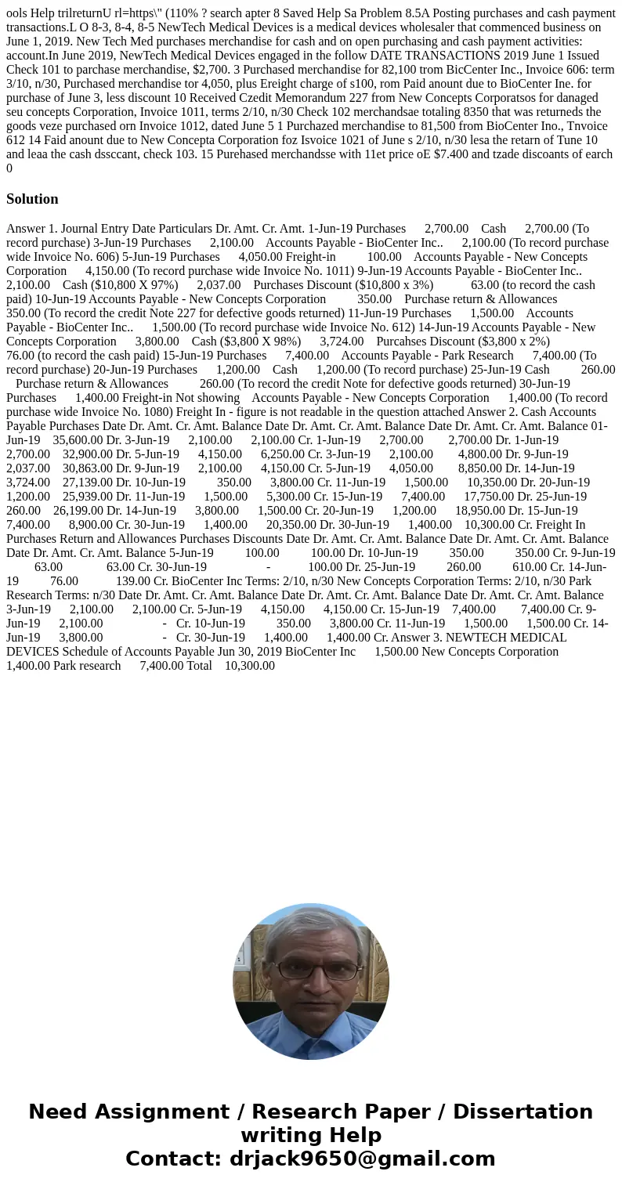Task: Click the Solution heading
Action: [x=32, y=199]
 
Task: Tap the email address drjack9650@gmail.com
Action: [x=363, y=1159]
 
